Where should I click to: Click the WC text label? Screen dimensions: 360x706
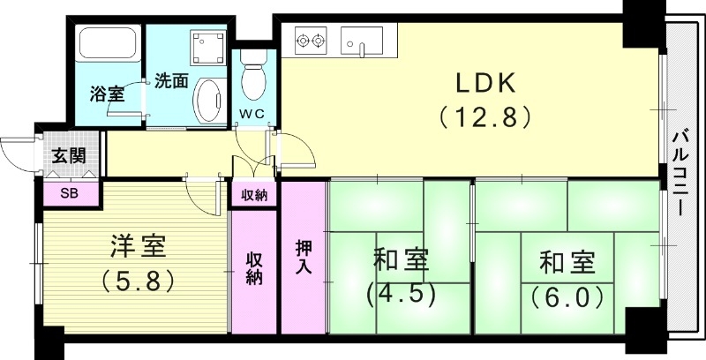coord(254,114)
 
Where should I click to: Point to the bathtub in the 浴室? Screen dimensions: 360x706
coord(107,43)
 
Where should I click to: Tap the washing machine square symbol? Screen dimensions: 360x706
coord(208,45)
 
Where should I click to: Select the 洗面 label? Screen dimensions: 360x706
coord(170,80)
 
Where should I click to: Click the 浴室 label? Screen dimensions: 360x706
coord(107,94)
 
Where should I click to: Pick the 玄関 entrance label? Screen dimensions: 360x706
coord(67,158)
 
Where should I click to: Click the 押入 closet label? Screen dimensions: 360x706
coord(303,255)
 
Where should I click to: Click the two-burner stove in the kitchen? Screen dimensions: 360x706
coord(311,40)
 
